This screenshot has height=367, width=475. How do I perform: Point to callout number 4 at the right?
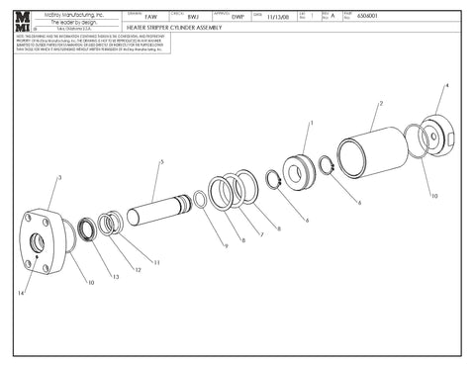click(x=445, y=86)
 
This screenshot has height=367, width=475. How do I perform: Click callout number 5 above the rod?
click(x=161, y=160)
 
